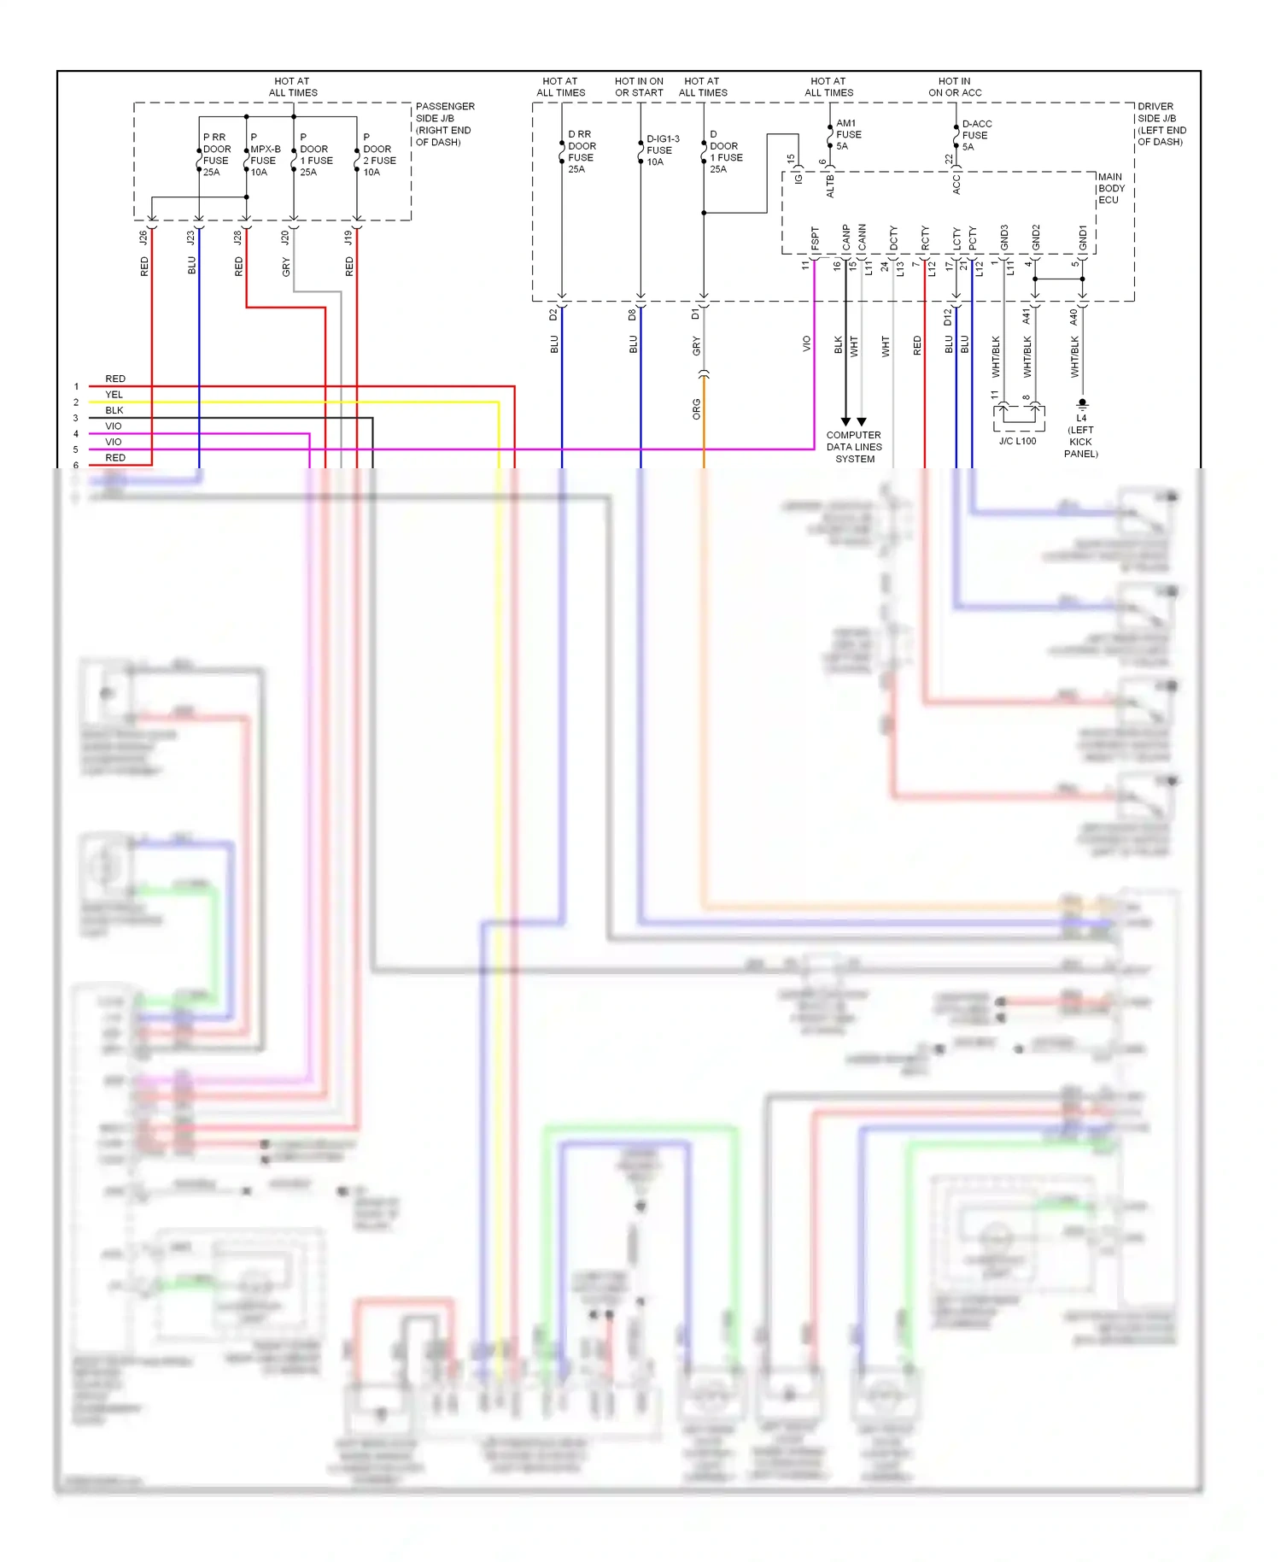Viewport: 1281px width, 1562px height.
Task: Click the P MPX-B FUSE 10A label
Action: pyautogui.click(x=264, y=155)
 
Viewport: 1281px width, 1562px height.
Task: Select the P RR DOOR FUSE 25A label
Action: pyautogui.click(x=216, y=155)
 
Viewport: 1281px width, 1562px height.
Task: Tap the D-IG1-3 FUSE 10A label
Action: pyautogui.click(x=662, y=150)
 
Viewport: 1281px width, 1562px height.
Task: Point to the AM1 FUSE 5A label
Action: pyautogui.click(x=848, y=135)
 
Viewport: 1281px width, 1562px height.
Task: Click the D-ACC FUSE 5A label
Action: pyautogui.click(x=975, y=135)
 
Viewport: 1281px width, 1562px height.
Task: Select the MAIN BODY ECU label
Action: pyautogui.click(x=1110, y=189)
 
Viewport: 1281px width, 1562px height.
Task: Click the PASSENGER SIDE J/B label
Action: pyautogui.click(x=444, y=124)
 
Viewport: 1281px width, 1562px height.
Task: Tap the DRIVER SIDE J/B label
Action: pyautogui.click(x=1161, y=124)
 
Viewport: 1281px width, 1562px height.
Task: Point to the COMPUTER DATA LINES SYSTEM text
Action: pyautogui.click(x=854, y=447)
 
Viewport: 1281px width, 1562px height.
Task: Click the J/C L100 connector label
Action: pyautogui.click(x=1017, y=441)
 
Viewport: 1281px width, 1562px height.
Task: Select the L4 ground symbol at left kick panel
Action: pyautogui.click(x=1082, y=402)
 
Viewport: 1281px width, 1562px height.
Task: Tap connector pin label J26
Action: pyautogui.click(x=143, y=238)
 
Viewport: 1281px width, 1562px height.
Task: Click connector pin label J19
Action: pyautogui.click(x=348, y=238)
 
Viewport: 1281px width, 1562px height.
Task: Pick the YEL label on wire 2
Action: pyautogui.click(x=114, y=395)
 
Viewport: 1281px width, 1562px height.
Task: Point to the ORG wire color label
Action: pyautogui.click(x=696, y=409)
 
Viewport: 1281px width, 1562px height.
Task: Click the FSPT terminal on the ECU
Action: pyautogui.click(x=815, y=239)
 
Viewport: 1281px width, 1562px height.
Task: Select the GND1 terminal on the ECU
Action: pyautogui.click(x=1083, y=238)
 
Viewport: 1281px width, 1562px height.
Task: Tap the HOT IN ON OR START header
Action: pyautogui.click(x=639, y=87)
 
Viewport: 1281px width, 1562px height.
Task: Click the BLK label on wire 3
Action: pyautogui.click(x=114, y=410)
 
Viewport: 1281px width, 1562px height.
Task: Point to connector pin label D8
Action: pyautogui.click(x=632, y=314)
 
